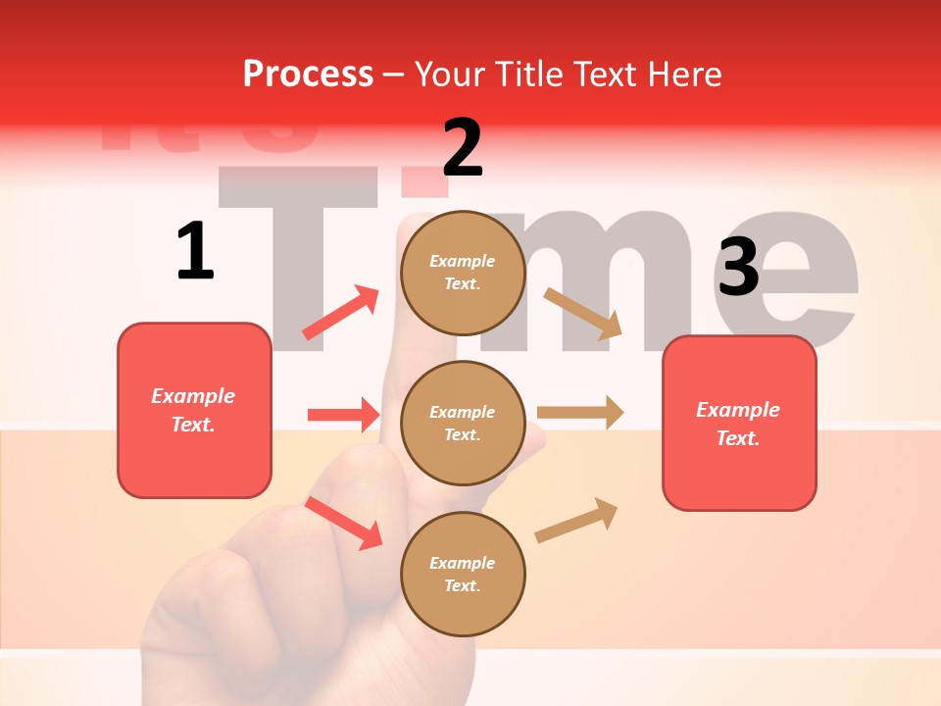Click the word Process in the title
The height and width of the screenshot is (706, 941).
click(308, 75)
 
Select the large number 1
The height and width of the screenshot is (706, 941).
click(195, 251)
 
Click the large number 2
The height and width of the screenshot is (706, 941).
click(463, 148)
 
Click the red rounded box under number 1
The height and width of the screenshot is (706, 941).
click(194, 410)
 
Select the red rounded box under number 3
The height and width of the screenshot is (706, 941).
click(739, 423)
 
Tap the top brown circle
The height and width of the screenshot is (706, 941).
click(463, 272)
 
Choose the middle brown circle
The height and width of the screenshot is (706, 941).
click(463, 423)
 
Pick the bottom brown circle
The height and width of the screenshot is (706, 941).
click(463, 574)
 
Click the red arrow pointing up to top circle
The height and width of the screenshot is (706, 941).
click(341, 313)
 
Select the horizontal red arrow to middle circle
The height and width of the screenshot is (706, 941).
click(343, 415)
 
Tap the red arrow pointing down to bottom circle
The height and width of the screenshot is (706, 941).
click(343, 523)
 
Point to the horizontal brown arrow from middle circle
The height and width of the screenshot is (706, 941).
click(580, 412)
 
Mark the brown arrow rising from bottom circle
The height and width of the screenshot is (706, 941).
click(576, 520)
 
